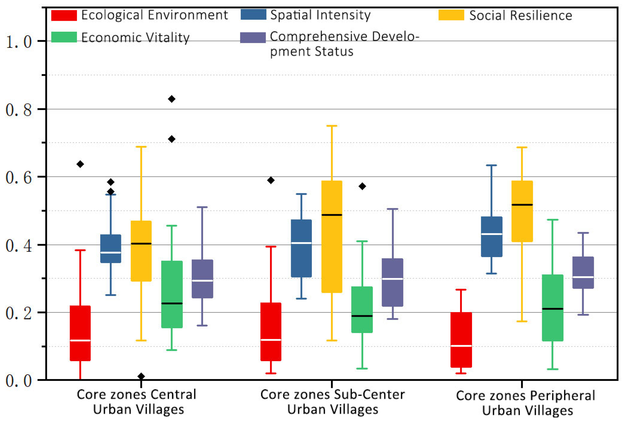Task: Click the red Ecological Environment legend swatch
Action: point(64,15)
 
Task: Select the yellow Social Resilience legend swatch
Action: point(451,15)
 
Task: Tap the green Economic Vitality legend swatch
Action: point(64,37)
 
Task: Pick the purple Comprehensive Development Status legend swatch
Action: point(253,38)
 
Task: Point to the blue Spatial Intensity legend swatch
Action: point(253,15)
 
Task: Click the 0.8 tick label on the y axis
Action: point(18,110)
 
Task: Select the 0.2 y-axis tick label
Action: point(18,313)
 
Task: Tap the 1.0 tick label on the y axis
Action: point(18,42)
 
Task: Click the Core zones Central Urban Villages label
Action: point(137,402)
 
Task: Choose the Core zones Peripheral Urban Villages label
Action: point(525,403)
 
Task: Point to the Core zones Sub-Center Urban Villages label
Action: point(332,402)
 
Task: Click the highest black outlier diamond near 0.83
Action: point(172,99)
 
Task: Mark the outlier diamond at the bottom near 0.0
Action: point(141,376)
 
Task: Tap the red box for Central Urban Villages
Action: point(80,333)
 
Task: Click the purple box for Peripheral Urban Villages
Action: point(583,273)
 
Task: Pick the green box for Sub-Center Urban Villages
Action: point(362,310)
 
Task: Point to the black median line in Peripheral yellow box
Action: point(522,205)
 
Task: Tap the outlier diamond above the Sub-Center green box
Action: point(362,186)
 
